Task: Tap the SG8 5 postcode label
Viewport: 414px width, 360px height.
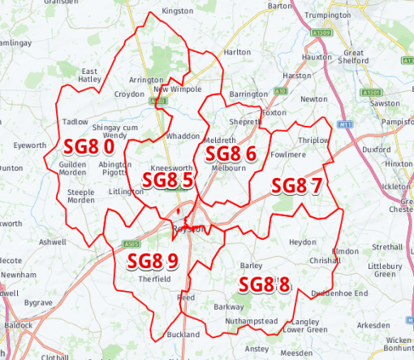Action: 166,180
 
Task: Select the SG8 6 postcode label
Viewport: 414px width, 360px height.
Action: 231,154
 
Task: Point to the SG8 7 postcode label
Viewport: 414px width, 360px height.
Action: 296,185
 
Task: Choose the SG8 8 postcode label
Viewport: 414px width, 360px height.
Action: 264,284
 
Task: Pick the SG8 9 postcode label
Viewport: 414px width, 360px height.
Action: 152,261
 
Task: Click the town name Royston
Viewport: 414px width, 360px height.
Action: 188,229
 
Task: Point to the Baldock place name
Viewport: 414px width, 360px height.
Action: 18,324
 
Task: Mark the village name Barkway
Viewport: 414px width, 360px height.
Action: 228,306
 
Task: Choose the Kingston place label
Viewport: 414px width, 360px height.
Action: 178,11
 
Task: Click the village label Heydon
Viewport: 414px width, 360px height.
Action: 302,242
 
